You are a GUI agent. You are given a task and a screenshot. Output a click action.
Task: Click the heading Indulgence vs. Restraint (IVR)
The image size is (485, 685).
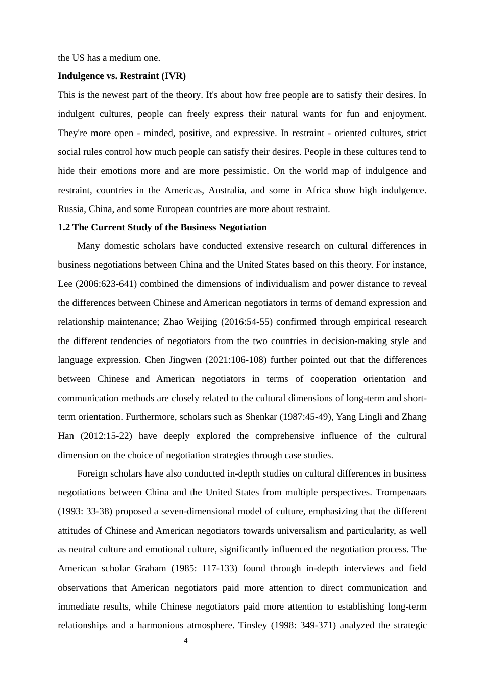(122, 76)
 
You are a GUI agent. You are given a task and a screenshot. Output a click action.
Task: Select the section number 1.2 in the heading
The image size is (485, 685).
(64, 227)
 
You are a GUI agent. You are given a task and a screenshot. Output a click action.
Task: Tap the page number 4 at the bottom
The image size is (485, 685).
(185, 641)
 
